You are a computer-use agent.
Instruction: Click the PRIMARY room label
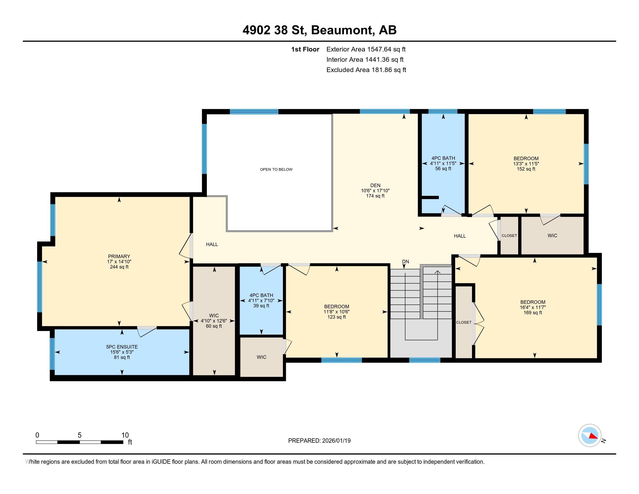[119, 256]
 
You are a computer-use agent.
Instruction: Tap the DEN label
[375, 185]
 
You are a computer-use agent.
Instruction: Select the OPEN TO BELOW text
[276, 169]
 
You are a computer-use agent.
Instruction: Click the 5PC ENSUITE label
[122, 347]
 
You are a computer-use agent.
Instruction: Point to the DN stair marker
[405, 262]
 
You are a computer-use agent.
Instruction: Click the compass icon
[590, 436]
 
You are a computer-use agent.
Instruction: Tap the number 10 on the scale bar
[125, 435]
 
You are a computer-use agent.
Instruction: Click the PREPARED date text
[319, 441]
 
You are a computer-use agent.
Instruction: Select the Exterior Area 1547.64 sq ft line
[366, 49]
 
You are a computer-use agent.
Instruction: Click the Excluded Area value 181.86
[382, 70]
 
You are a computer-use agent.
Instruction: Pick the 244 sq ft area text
[119, 267]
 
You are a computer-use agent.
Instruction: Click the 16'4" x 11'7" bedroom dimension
[533, 307]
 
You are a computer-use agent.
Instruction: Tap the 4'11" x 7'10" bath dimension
[261, 300]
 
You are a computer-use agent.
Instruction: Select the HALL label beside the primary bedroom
[212, 244]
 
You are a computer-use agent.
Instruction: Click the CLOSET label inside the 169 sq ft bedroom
[464, 322]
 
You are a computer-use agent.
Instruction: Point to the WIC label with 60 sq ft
[214, 316]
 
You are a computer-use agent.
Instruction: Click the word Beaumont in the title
[343, 30]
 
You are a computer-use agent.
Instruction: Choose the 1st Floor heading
[305, 49]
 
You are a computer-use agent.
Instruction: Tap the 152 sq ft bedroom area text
[526, 169]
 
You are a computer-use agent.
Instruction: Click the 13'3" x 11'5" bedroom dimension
[526, 164]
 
